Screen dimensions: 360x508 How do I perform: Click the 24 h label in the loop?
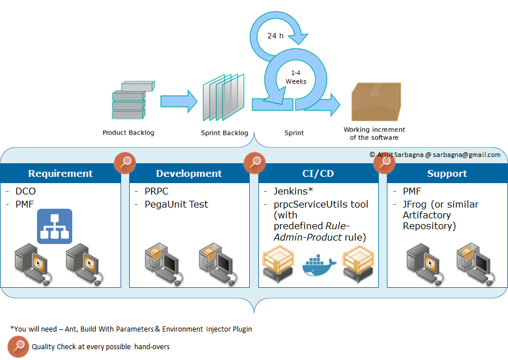(275, 36)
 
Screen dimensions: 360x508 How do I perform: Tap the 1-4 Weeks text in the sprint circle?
(296, 77)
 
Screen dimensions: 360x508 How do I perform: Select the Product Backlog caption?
(128, 133)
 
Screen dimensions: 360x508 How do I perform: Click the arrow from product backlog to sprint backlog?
(178, 101)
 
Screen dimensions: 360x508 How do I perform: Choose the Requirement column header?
(60, 173)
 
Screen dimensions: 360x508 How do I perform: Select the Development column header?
(189, 173)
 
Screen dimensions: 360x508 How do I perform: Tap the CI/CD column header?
(318, 173)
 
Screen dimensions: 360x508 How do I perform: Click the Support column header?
(447, 173)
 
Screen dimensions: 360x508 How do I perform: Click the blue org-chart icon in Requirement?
(55, 226)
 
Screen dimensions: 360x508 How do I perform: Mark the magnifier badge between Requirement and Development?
(125, 163)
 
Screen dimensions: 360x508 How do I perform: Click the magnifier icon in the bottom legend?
(18, 346)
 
